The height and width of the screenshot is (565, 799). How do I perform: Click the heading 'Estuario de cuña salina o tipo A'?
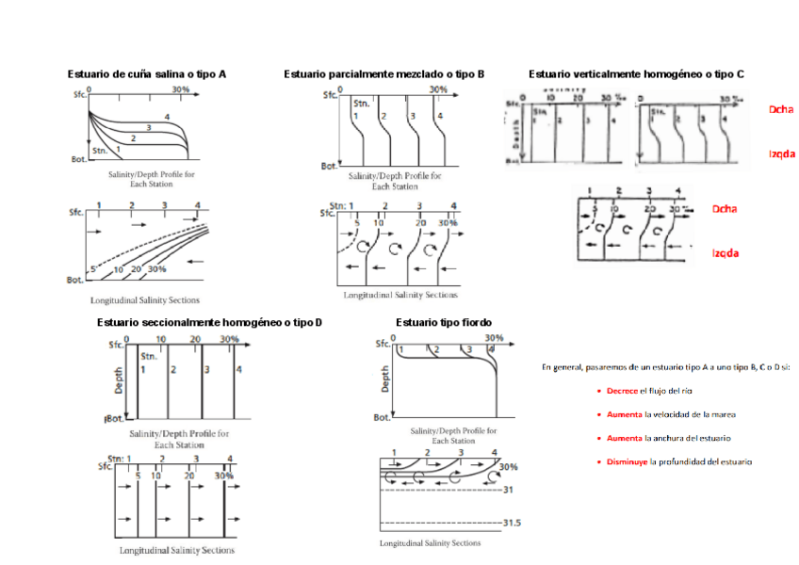(x=146, y=73)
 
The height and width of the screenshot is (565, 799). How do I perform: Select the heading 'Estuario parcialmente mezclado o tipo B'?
(x=384, y=73)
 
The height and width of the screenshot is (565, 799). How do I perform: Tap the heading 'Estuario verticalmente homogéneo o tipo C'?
(x=636, y=73)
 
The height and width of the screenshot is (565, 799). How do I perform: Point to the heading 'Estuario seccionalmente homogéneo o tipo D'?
(x=209, y=322)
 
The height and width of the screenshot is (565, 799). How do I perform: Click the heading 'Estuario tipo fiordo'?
(x=443, y=322)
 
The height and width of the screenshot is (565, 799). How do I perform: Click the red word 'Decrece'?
(x=622, y=390)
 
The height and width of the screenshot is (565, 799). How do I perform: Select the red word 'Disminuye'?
(x=626, y=461)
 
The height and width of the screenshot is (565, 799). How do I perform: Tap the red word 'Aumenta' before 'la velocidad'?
(x=623, y=414)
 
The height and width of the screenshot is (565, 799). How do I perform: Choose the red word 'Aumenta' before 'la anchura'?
(x=623, y=438)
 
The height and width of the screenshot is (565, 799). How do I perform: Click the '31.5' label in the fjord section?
(x=513, y=523)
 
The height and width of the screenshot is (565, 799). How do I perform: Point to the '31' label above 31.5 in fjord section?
(x=510, y=490)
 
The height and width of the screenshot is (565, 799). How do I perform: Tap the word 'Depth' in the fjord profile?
(x=385, y=379)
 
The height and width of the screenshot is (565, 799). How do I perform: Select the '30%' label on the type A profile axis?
(x=181, y=90)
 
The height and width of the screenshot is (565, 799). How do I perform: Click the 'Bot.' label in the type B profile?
(x=329, y=166)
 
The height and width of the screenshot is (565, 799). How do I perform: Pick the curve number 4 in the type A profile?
(x=166, y=117)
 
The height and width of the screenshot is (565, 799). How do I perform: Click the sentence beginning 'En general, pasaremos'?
(x=665, y=366)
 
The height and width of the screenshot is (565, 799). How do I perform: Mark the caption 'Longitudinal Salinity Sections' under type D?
(x=177, y=550)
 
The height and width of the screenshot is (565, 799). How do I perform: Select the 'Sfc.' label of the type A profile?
(x=79, y=95)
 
